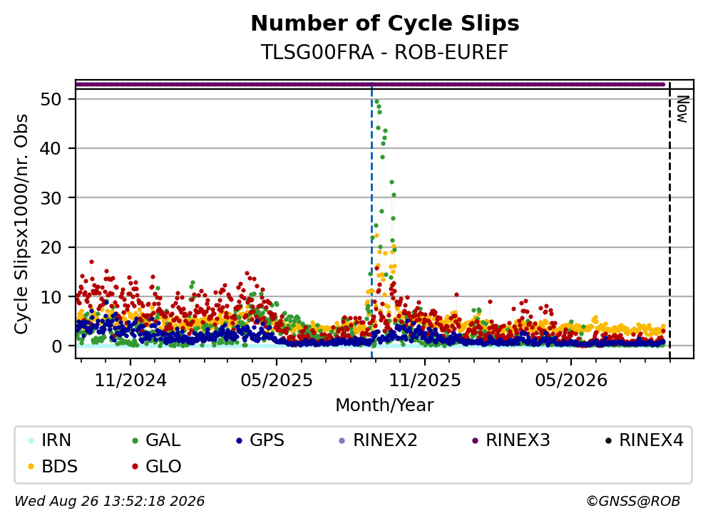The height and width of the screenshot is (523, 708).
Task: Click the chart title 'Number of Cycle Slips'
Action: (385, 24)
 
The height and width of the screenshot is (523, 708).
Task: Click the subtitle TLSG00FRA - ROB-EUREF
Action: (385, 52)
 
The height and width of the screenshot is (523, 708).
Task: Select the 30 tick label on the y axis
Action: (51, 197)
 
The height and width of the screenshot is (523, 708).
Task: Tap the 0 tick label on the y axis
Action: (56, 346)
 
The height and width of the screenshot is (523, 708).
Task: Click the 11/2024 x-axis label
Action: (130, 380)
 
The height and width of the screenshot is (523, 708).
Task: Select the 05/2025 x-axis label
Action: (277, 380)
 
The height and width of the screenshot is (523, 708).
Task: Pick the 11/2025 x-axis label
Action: (425, 380)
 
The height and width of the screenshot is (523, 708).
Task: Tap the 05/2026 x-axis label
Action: (571, 380)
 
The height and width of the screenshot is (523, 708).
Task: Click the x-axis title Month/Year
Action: (385, 405)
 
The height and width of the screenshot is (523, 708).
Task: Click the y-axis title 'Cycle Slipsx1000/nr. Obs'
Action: (21, 224)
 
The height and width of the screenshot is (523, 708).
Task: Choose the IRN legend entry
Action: (49, 440)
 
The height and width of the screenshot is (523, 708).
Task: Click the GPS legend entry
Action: (260, 440)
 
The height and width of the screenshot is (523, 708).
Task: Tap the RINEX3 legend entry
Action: (511, 440)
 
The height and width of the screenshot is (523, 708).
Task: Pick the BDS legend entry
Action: (52, 466)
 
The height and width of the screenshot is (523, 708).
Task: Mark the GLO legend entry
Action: (156, 466)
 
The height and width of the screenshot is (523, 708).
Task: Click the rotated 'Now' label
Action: (682, 109)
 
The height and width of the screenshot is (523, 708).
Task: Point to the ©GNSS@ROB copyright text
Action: (633, 501)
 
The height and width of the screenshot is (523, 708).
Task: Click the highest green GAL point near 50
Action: (376, 101)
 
